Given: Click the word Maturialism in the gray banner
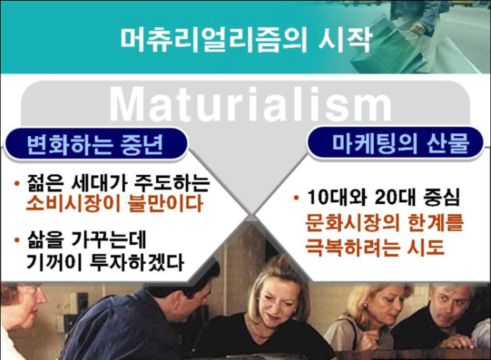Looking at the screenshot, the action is (x=250, y=103).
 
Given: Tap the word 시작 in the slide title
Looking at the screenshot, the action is (x=345, y=39).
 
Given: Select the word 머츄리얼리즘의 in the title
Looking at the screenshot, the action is (x=214, y=39).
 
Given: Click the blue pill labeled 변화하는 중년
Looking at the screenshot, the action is (x=95, y=144).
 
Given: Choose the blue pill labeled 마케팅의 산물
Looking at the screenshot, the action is (x=394, y=142).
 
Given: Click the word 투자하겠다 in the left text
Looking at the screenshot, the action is (x=137, y=262).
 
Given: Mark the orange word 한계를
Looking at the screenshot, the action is (x=436, y=222).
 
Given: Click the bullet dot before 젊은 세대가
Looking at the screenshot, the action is (x=18, y=183).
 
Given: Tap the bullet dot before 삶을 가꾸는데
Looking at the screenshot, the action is (x=18, y=241).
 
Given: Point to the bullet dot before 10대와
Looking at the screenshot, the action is (x=296, y=198).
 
